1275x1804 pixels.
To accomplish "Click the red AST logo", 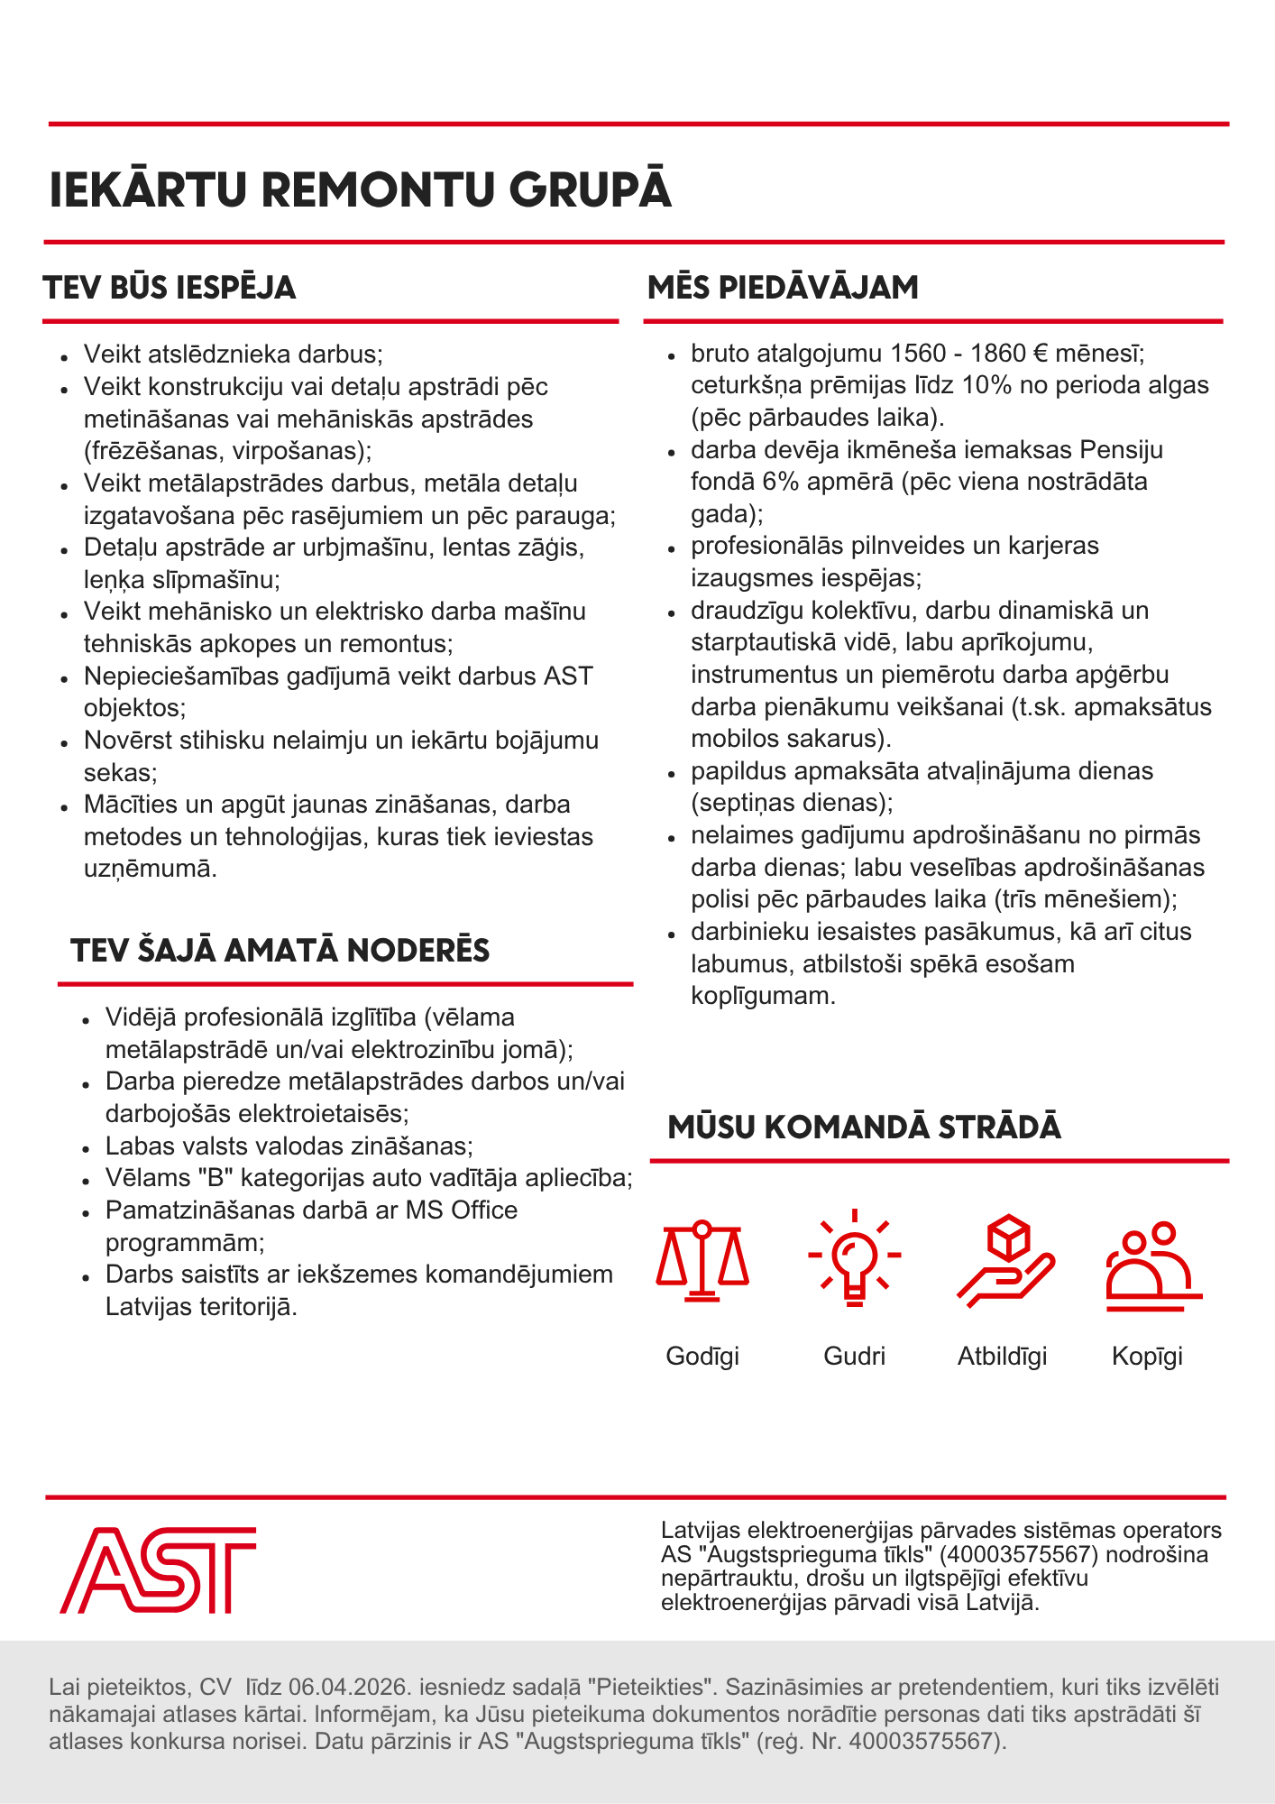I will click(x=158, y=1570).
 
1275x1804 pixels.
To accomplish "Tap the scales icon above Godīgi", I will click(x=702, y=1260).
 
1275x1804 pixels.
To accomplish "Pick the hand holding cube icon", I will click(x=1005, y=1260).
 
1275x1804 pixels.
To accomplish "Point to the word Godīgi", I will click(x=702, y=1356).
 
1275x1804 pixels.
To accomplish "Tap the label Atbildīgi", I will click(x=1002, y=1356).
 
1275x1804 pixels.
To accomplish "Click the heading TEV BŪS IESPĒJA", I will click(x=170, y=288).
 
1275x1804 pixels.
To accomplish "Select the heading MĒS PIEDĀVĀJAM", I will click(x=783, y=288).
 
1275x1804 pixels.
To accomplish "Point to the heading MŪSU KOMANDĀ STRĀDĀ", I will click(x=864, y=1127).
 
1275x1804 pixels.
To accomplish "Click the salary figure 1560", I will click(x=918, y=353).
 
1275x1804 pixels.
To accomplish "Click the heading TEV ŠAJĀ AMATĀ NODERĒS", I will click(x=280, y=951).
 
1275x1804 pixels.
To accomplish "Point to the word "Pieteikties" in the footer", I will click(x=645, y=1687).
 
